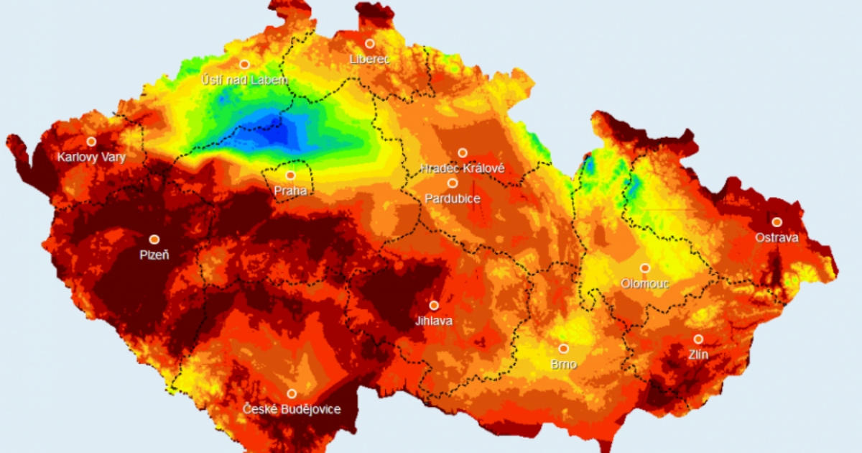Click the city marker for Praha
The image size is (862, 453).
pos(291,175)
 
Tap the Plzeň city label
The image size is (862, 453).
pos(154,255)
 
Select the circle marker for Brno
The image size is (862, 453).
pos(563,348)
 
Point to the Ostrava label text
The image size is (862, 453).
pos(777,237)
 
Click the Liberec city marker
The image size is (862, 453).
pos(370,43)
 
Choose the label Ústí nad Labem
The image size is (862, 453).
pos(245,80)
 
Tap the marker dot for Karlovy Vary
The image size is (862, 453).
pos(91,141)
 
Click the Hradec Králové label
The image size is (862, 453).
pos(463,168)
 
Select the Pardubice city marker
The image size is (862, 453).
pos(453,183)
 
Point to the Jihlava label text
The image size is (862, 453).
pos(434,321)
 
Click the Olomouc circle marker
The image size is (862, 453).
pos(645,267)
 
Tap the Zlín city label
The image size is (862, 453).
pos(698,354)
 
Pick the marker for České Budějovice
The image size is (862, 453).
pos(292,393)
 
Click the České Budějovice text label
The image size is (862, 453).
pos(292,409)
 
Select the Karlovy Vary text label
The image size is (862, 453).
pos(92,157)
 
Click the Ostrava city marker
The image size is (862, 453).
pos(777,221)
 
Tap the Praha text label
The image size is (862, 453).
pos(291,191)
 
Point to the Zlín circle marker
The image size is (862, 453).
pos(698,339)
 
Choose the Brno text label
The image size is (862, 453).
pos(563,364)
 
